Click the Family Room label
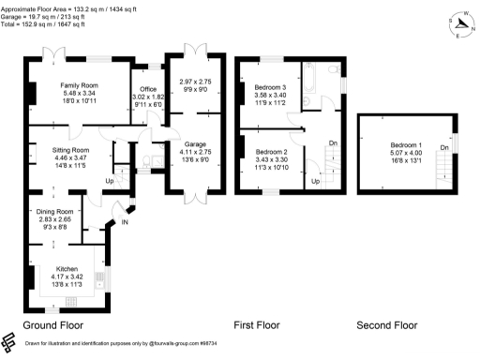tap(80, 85)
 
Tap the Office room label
tap(147, 90)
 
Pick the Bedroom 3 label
tap(270, 87)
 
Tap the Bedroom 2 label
tap(271, 151)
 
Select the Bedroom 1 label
tap(406, 146)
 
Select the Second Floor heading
tap(386, 325)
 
